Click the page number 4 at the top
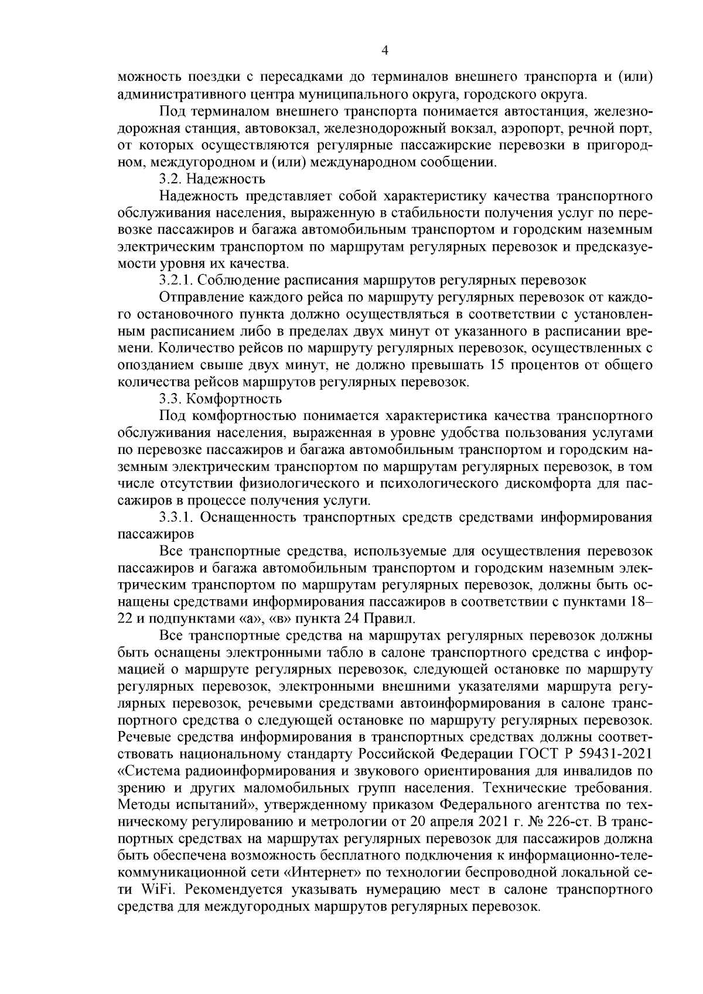[x=384, y=50]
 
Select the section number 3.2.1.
[x=176, y=281]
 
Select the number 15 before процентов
[x=492, y=366]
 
